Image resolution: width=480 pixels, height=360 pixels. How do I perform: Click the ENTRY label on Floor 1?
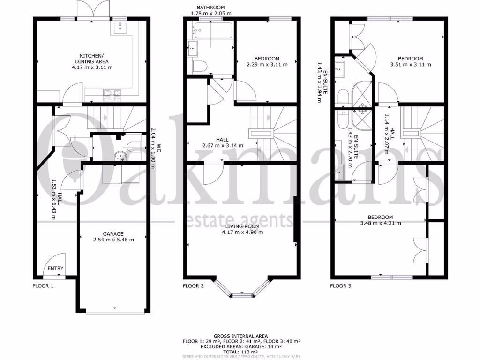(x=55, y=269)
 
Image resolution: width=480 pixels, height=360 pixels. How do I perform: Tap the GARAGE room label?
(x=113, y=233)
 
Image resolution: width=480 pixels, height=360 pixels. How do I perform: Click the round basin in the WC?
(x=118, y=156)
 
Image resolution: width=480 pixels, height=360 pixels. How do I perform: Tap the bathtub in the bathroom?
(x=212, y=31)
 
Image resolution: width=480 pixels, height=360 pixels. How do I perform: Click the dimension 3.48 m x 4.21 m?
(x=381, y=223)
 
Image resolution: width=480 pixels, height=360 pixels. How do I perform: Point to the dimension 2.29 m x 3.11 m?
(x=265, y=65)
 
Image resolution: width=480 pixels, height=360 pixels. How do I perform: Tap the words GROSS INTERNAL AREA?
(x=240, y=336)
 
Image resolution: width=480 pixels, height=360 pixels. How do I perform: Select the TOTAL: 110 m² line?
(x=240, y=352)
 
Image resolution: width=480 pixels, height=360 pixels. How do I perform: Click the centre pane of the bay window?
(x=242, y=295)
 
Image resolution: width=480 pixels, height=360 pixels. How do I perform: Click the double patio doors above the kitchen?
(x=95, y=10)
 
